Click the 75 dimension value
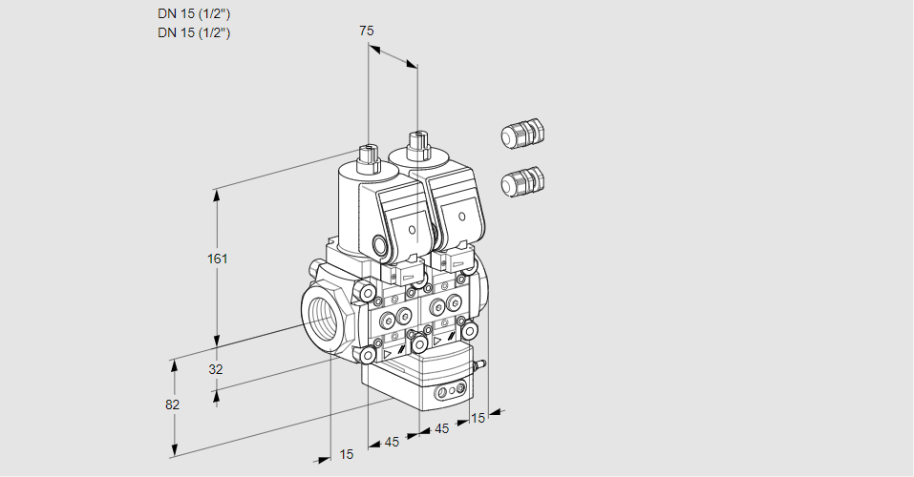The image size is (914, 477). pos(366,31)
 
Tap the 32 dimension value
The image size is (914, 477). pos(215,369)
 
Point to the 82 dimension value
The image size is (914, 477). pos(172,404)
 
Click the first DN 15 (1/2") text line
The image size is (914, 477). pos(194,13)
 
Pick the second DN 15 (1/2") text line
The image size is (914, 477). pos(194,32)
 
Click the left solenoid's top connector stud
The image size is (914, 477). pos(368,153)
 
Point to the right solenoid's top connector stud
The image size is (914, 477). pos(417,144)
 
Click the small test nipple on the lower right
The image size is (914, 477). pos(480,363)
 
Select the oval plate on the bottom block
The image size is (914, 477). pos(450,391)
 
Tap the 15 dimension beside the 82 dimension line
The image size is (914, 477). pos(346,454)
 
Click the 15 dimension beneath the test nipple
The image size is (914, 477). pos(478,418)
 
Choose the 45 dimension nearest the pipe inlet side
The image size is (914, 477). pos(392,442)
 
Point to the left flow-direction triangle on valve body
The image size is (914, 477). pos(389,351)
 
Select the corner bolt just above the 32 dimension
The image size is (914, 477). pos(368,355)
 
